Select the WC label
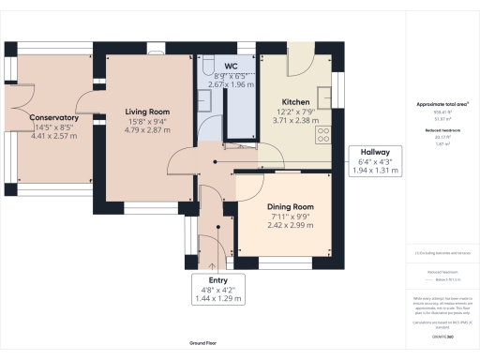[x=229, y=67]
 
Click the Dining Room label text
[x=291, y=207]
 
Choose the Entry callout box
[x=217, y=290]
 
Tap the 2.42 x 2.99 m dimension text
[x=291, y=226]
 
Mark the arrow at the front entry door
[x=217, y=265]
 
